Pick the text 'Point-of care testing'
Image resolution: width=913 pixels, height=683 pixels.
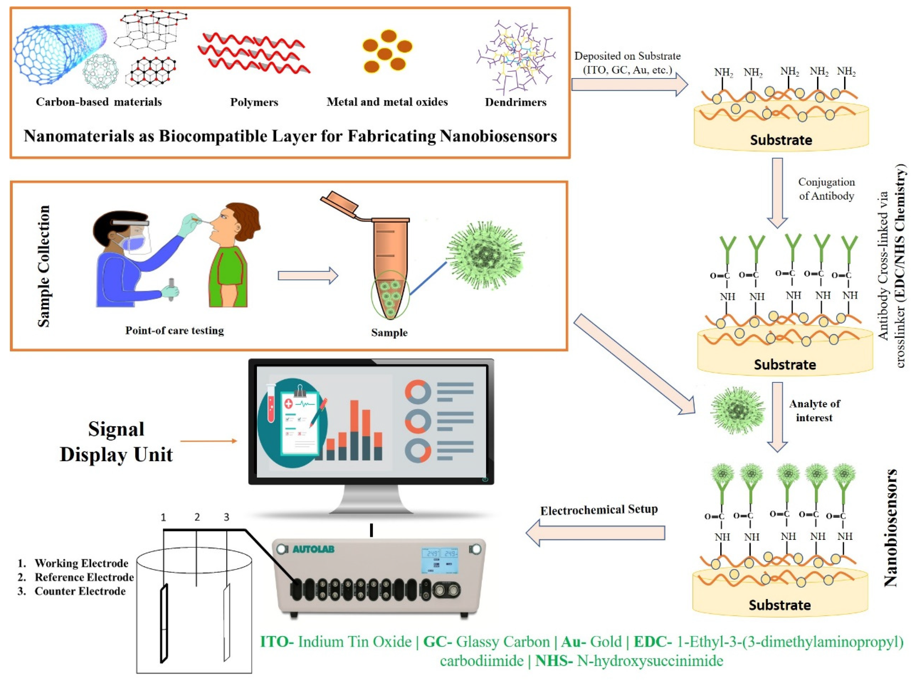(175, 331)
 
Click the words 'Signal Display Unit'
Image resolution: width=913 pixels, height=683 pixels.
(116, 442)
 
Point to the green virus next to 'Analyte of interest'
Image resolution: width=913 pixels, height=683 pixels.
(737, 410)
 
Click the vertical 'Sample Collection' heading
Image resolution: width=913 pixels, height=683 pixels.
(43, 266)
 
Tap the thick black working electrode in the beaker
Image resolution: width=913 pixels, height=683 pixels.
(164, 623)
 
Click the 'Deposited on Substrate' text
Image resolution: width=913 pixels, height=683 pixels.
(627, 56)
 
